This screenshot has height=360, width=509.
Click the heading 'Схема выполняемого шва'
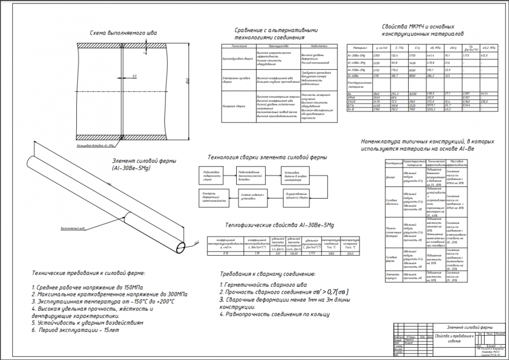pyautogui.click(x=123, y=33)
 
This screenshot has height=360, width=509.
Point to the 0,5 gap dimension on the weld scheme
pyautogui.click(x=134, y=76)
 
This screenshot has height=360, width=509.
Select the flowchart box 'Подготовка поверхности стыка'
pyautogui.click(x=211, y=175)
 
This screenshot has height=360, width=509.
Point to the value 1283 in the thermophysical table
pyautogui.click(x=331, y=253)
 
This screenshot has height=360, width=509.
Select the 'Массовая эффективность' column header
pyautogui.click(x=455, y=163)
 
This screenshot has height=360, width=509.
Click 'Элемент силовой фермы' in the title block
pyautogui.click(x=469, y=326)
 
